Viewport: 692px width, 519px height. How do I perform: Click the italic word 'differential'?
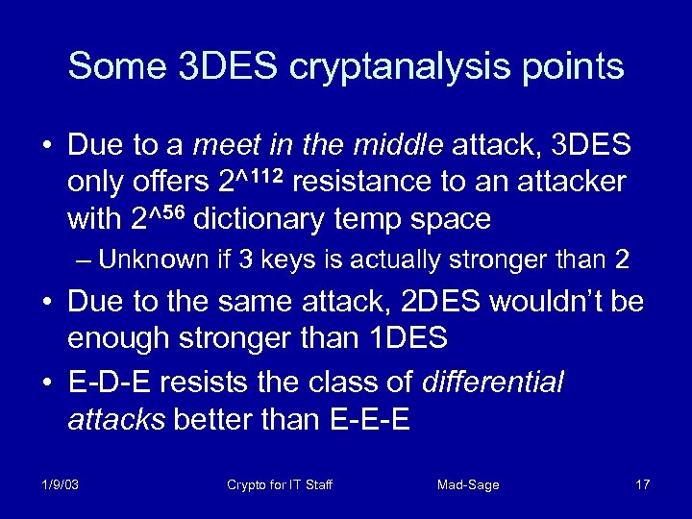click(493, 383)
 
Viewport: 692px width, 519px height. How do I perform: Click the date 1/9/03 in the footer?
click(61, 484)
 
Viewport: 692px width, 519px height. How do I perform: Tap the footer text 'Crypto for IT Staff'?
click(279, 484)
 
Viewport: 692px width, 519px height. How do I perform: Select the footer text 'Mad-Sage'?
click(468, 484)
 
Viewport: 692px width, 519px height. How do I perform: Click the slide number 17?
click(642, 484)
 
